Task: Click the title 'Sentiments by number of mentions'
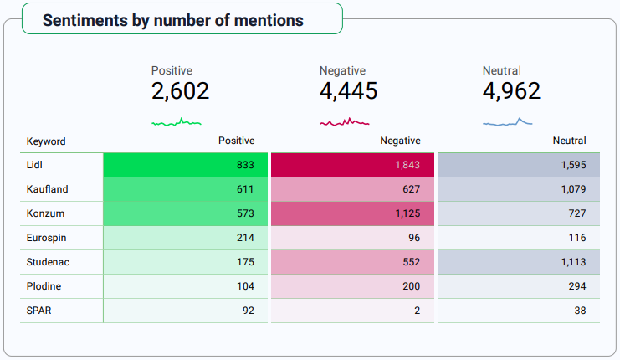click(x=173, y=20)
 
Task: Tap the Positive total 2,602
click(x=181, y=91)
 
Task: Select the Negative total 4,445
click(x=349, y=91)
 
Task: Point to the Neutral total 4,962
click(x=512, y=91)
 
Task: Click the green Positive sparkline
click(x=177, y=122)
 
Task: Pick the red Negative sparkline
click(x=345, y=122)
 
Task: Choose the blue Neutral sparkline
click(x=508, y=122)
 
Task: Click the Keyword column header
click(x=46, y=141)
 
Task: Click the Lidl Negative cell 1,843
click(x=407, y=165)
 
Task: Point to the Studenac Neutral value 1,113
click(x=573, y=262)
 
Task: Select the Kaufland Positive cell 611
click(x=245, y=189)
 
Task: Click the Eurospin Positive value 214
click(x=245, y=238)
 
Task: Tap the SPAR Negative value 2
click(x=417, y=311)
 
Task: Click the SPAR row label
click(x=39, y=311)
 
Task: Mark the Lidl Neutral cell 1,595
click(x=573, y=165)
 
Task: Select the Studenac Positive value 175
click(x=245, y=262)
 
